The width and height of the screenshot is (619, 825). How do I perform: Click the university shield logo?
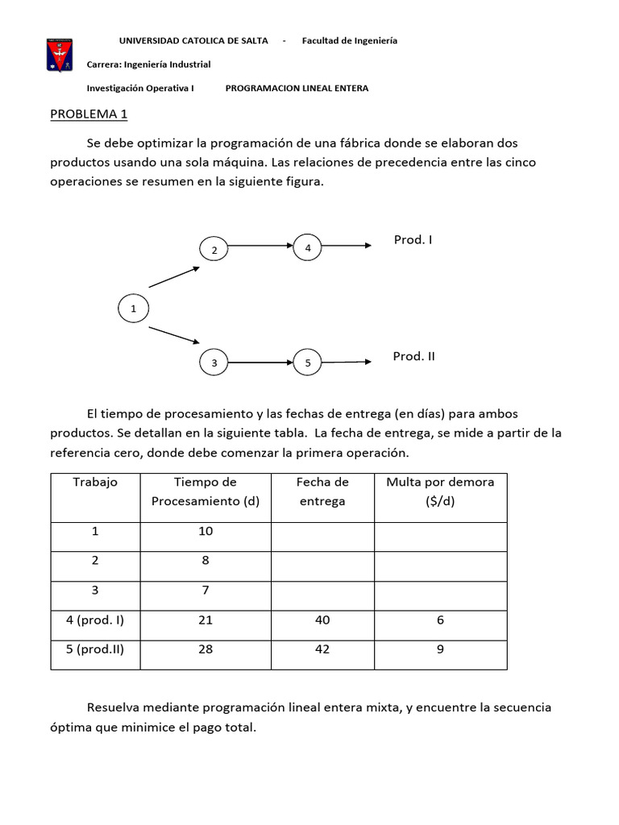coord(59,54)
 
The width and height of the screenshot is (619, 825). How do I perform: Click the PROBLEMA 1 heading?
coord(89,114)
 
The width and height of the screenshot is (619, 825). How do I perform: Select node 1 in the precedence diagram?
coord(134,308)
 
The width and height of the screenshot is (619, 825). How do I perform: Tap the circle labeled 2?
coord(214,251)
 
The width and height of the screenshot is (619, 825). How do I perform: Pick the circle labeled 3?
coord(214,363)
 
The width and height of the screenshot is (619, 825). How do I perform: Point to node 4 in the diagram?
coord(308,247)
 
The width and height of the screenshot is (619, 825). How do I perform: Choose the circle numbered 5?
coord(308,363)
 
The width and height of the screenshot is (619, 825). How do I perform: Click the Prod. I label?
coord(413,240)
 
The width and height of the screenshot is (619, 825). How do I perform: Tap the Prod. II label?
coord(413,356)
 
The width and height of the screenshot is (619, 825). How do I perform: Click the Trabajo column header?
coord(95,482)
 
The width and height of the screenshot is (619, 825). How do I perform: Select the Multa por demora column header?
coord(440,491)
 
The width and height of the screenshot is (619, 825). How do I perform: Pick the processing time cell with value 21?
coord(206,620)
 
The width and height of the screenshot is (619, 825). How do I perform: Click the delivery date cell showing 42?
coord(322,649)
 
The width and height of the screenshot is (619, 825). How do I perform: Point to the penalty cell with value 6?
coord(440,620)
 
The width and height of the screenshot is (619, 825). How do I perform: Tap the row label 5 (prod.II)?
coord(95,649)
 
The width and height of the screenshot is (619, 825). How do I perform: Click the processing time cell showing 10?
coord(206,531)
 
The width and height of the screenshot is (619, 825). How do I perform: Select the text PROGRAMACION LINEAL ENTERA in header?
coord(297,89)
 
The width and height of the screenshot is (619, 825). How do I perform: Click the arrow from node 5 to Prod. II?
coord(347,363)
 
